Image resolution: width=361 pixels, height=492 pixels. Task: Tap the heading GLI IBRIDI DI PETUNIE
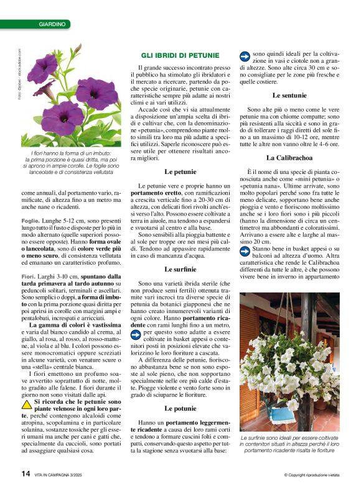(180, 56)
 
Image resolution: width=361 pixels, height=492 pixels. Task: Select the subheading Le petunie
(180, 171)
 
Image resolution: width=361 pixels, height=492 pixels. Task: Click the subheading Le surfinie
(180, 270)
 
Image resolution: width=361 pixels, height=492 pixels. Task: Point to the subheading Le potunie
(180, 409)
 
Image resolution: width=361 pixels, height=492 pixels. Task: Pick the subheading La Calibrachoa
(289, 158)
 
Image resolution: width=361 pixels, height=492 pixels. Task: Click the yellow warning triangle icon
(26, 402)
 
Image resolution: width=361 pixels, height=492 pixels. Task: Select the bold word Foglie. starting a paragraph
(30, 221)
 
